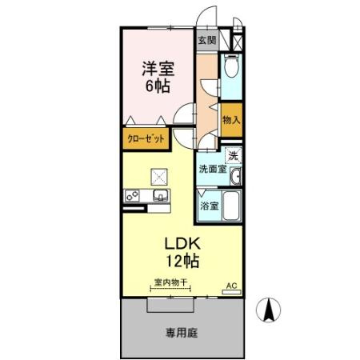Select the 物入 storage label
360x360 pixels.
point(230,118)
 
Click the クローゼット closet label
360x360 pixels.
point(146,138)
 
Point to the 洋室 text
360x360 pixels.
point(158,67)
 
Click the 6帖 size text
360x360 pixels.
point(158,87)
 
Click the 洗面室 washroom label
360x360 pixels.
point(213,169)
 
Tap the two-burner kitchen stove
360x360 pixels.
point(132,195)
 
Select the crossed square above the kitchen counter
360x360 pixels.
point(159,177)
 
